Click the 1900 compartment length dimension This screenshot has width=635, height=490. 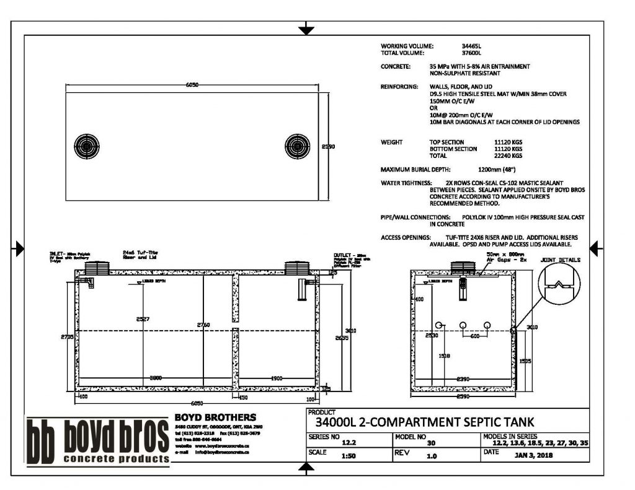coord(277,377)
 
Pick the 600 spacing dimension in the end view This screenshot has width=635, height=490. coord(474,336)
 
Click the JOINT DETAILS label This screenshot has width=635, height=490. coord(561,260)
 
